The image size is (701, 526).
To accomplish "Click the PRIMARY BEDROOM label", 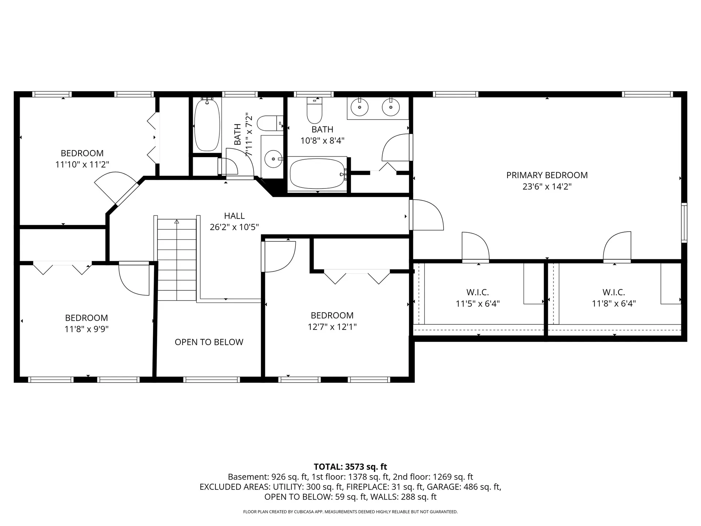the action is point(547,175).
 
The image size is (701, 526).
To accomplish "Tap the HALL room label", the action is point(234,216).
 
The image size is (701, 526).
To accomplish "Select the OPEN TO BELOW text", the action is point(209,342).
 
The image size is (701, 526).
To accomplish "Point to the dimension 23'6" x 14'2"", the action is point(547,187).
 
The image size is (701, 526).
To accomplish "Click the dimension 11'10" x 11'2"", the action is point(82,164).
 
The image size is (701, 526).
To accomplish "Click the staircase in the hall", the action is point(177,260).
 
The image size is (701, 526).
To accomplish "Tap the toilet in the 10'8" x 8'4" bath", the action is point(314,111).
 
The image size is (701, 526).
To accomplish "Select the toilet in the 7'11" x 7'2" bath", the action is point(270,123).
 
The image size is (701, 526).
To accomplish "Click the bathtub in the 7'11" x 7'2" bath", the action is point(207,125).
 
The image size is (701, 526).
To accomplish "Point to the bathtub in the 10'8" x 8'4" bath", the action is point(318,173).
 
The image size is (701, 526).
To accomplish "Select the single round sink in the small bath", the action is point(273,159).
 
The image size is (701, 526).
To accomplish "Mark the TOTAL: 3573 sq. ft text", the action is point(350,467).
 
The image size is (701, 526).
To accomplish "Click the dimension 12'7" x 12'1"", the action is point(332,327).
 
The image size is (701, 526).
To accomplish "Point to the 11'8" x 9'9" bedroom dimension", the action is point(87,329).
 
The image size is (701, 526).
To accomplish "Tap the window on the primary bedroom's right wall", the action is point(685,222).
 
